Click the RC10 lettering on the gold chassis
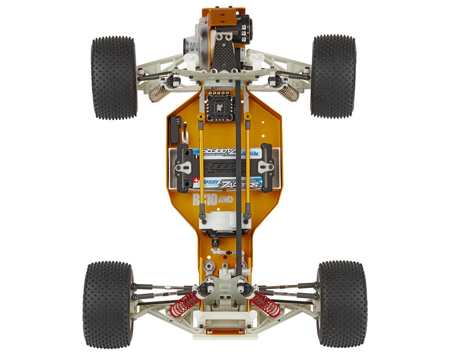[205, 199]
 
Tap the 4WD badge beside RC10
[226, 199]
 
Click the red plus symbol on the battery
[196, 181]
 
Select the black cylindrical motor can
[244, 28]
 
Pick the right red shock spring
[265, 304]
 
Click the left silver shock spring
[158, 93]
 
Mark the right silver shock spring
[289, 92]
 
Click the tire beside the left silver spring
[114, 77]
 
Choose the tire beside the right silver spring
[333, 76]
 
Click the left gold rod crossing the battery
[201, 165]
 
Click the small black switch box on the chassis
[175, 129]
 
